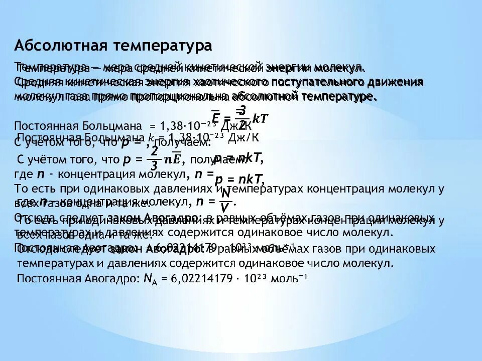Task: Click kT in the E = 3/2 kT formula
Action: coord(260,118)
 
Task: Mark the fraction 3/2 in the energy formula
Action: coord(242,116)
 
